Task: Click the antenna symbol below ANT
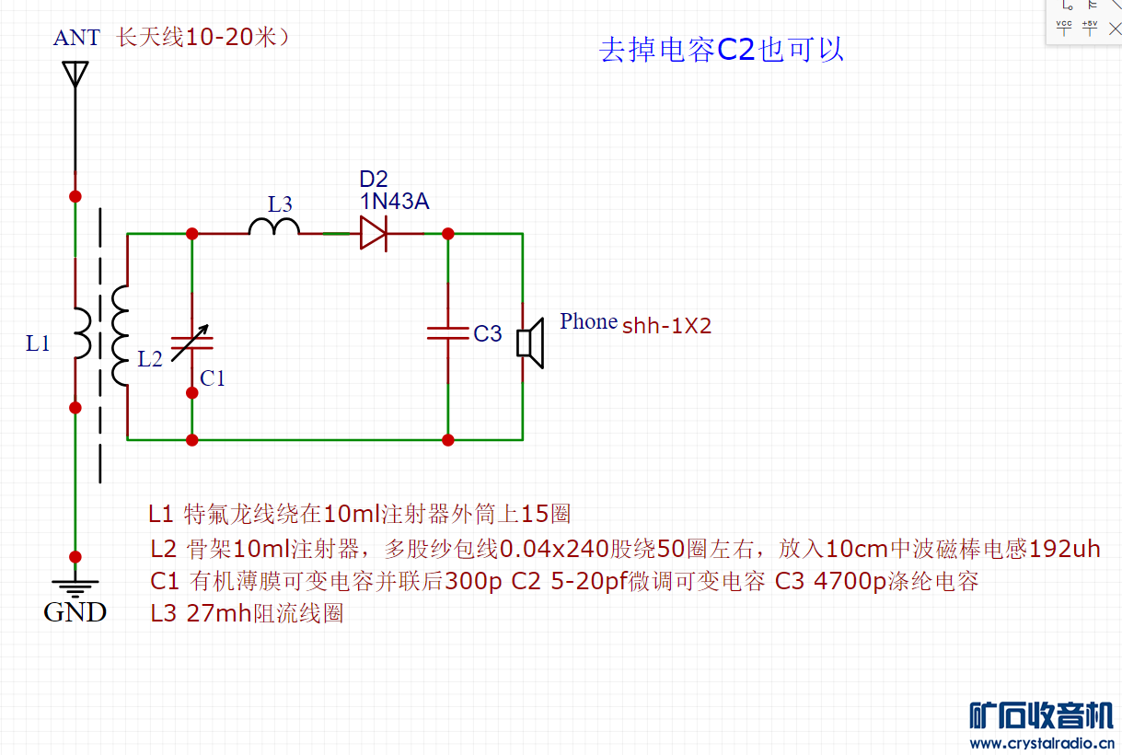pyautogui.click(x=75, y=74)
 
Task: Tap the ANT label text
pyautogui.click(x=76, y=38)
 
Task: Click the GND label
pyautogui.click(x=75, y=612)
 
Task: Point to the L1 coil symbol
pyautogui.click(x=82, y=333)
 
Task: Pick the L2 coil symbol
pyautogui.click(x=121, y=335)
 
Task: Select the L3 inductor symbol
pyautogui.click(x=273, y=226)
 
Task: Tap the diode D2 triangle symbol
pyautogui.click(x=373, y=233)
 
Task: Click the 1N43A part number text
pyautogui.click(x=394, y=202)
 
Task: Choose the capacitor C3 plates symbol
pyautogui.click(x=448, y=332)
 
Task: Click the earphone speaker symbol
pyautogui.click(x=529, y=342)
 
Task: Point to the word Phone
pyautogui.click(x=588, y=322)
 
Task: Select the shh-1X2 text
pyautogui.click(x=667, y=326)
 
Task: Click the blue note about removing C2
pyautogui.click(x=722, y=50)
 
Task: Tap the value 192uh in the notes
pyautogui.click(x=1065, y=550)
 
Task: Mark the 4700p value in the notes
pyautogui.click(x=850, y=582)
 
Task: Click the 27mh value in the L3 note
pyautogui.click(x=219, y=613)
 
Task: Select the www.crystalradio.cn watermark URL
pyautogui.click(x=1043, y=743)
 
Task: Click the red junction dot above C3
pyautogui.click(x=448, y=234)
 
